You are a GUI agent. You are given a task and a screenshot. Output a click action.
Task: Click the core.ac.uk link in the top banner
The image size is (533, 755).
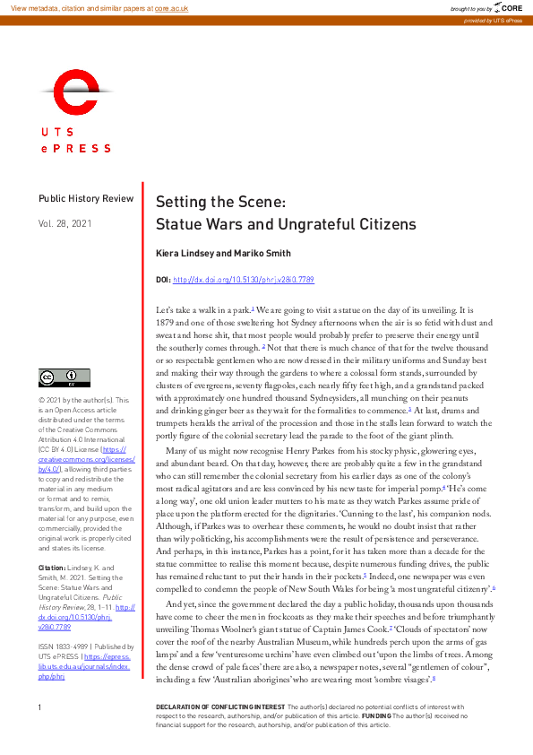(x=171, y=7)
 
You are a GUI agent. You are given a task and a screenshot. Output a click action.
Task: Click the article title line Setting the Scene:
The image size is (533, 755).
(x=221, y=202)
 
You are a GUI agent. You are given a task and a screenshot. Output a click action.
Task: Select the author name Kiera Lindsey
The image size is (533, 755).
(x=182, y=254)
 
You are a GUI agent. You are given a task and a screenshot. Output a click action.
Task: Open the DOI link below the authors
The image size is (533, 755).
(x=243, y=281)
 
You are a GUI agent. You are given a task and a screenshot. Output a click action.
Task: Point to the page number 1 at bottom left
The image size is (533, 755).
(x=40, y=733)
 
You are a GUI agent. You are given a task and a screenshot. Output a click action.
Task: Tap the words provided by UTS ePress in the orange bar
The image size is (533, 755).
(x=494, y=20)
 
